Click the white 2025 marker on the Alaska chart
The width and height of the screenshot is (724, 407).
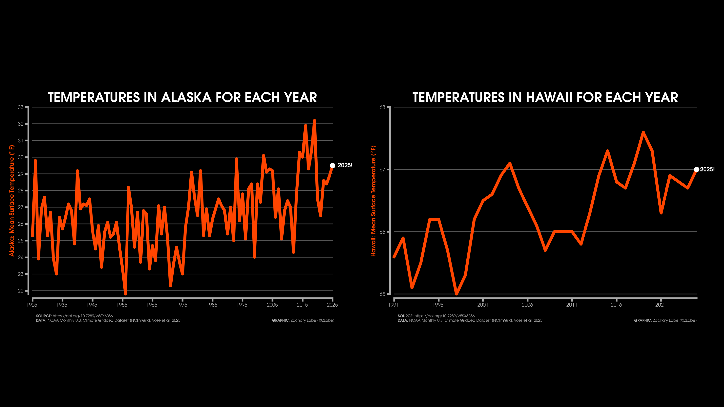332,165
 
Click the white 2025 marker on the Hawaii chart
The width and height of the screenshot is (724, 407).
696,169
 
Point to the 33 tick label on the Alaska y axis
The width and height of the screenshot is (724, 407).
21,107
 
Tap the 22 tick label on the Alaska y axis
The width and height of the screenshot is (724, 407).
21,291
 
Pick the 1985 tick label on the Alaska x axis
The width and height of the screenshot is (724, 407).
212,305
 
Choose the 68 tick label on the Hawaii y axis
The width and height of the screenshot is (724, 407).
383,107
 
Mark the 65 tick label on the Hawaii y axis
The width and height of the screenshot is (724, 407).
383,294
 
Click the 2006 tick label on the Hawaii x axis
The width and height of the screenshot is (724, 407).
527,305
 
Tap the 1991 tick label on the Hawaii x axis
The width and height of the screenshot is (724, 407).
394,305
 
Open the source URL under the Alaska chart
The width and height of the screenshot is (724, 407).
83,316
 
